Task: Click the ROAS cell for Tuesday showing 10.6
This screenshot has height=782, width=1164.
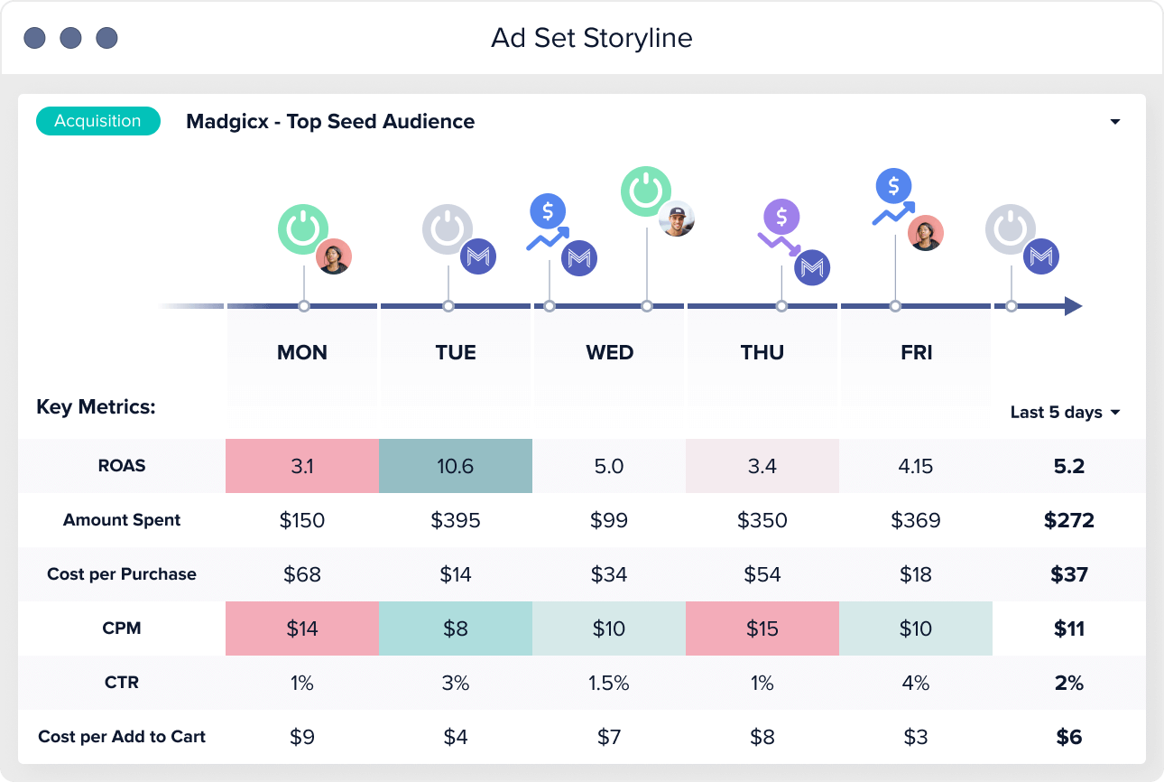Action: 455,466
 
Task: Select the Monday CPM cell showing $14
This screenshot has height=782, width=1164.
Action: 301,628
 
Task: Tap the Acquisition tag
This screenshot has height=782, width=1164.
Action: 97,121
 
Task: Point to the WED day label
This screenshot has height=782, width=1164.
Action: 609,352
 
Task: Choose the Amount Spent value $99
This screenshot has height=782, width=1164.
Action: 609,520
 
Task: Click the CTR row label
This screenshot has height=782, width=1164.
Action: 122,683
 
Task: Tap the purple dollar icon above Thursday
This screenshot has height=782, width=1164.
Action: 781,217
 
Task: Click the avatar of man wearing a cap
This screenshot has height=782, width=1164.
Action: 676,219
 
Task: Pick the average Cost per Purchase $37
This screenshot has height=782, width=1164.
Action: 1069,574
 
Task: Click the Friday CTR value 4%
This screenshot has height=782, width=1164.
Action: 916,683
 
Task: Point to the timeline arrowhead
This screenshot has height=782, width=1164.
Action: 1072,306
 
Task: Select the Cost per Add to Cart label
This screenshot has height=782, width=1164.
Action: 122,737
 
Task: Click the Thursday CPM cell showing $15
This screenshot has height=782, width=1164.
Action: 762,628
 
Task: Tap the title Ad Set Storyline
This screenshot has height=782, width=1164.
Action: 591,38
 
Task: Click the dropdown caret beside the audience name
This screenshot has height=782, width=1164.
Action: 1115,122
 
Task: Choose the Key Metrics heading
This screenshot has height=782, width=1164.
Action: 96,407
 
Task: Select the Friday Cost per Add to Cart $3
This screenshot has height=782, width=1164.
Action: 916,737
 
